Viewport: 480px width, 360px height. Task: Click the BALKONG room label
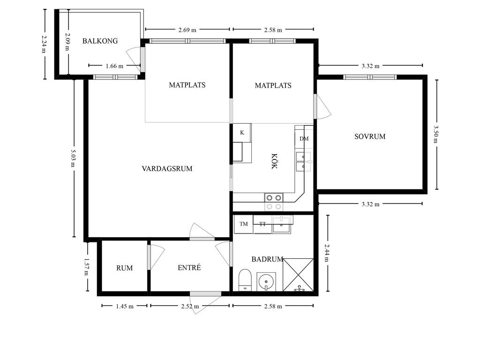[100, 41]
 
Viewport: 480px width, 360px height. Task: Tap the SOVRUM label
[370, 136]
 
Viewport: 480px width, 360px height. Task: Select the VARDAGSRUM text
[167, 169]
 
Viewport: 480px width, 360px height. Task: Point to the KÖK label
[274, 161]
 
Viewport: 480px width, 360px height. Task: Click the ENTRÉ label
[189, 268]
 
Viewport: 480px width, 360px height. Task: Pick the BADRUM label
[267, 259]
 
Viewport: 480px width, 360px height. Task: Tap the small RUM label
[125, 268]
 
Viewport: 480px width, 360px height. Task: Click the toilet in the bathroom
[245, 280]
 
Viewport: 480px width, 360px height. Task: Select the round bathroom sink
[266, 281]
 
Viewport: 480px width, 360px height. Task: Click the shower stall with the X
[298, 275]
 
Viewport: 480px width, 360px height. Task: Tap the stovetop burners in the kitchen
[274, 202]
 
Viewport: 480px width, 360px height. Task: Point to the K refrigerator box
[242, 133]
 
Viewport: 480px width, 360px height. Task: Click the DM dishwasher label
[304, 139]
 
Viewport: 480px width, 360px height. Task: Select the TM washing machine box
[243, 224]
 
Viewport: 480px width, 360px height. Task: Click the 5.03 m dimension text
[73, 158]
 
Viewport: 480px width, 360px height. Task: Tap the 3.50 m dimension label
[436, 134]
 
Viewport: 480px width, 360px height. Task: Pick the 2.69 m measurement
[187, 30]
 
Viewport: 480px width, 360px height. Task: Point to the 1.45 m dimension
[125, 306]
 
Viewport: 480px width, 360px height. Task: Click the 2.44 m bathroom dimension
[327, 253]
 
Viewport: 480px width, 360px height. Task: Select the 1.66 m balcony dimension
[114, 66]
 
